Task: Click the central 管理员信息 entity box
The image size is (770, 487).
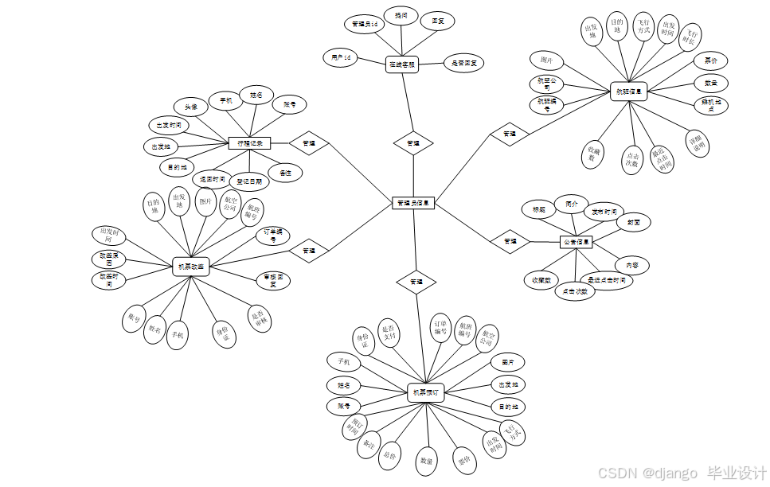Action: click(413, 203)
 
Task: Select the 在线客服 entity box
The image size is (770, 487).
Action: click(402, 64)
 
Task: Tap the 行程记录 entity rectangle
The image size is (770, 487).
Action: click(250, 143)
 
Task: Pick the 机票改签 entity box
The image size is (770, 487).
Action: click(190, 267)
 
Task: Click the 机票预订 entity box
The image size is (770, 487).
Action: click(425, 392)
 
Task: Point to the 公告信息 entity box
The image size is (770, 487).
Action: click(577, 241)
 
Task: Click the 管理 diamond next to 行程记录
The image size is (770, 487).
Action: click(308, 143)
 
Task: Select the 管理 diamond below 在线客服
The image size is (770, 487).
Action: click(413, 143)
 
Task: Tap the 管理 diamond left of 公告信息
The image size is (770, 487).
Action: click(510, 240)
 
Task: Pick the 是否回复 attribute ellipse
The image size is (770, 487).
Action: click(463, 63)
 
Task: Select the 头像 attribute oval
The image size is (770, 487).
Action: click(192, 106)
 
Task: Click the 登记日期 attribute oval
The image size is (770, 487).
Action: click(248, 181)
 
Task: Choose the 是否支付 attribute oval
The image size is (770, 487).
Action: click(389, 332)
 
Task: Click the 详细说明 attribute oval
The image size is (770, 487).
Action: click(698, 142)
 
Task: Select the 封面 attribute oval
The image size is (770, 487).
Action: click(634, 223)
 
